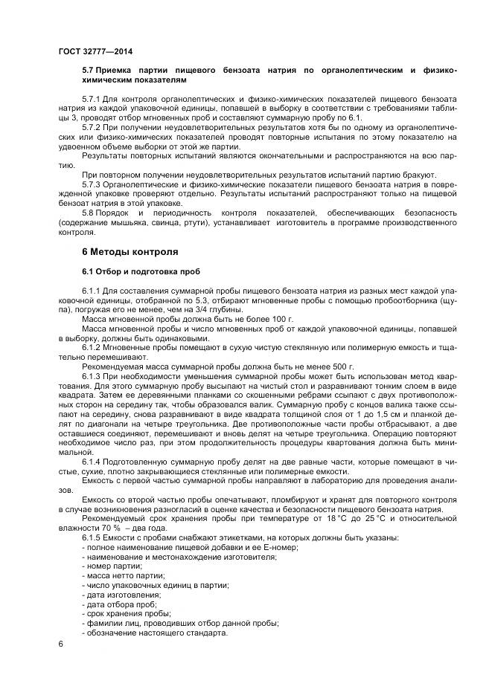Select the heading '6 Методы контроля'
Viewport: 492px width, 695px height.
click(130, 251)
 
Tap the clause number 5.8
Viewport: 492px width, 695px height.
click(89, 213)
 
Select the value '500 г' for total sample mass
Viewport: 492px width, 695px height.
click(343, 366)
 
